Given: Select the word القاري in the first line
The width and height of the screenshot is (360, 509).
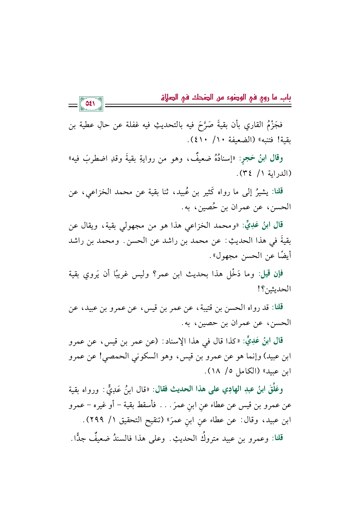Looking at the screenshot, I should click(249, 125).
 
